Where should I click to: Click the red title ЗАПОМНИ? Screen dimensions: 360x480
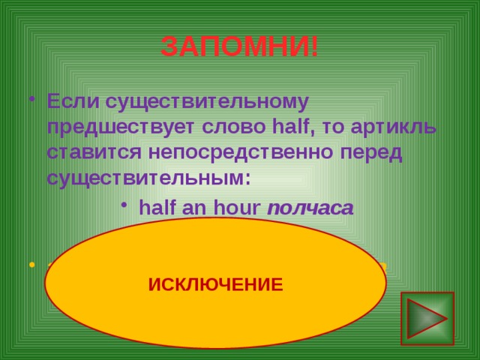(239, 48)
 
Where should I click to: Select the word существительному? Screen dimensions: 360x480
(203, 100)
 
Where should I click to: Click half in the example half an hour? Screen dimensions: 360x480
(154, 208)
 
